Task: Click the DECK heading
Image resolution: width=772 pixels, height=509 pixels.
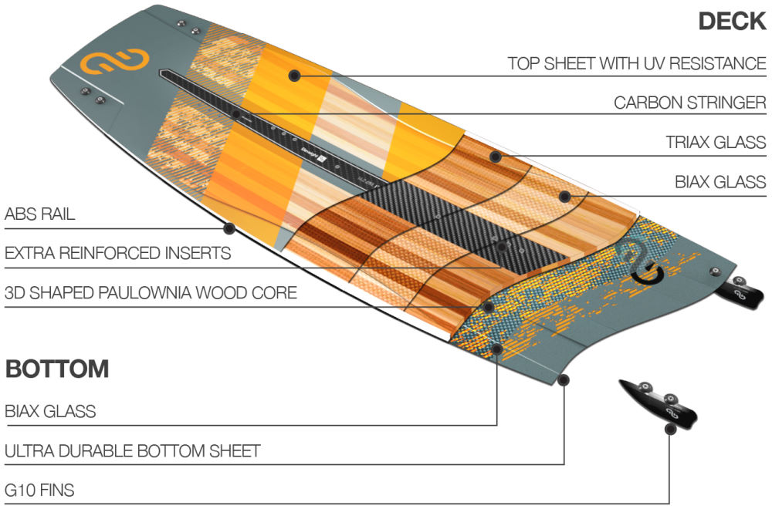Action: pyautogui.click(x=731, y=21)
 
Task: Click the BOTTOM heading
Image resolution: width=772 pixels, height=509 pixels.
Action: pyautogui.click(x=57, y=369)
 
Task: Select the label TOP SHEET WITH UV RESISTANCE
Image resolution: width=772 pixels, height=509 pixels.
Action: pyautogui.click(x=636, y=63)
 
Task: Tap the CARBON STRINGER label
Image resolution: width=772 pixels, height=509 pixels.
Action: pyautogui.click(x=689, y=103)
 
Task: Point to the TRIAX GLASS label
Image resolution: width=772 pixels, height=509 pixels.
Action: pyautogui.click(x=716, y=143)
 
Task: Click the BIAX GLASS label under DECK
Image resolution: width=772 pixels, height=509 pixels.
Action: pyautogui.click(x=720, y=183)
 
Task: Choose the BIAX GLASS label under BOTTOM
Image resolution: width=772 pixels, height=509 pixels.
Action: pyautogui.click(x=50, y=411)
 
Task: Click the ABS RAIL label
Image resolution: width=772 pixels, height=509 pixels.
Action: pyautogui.click(x=40, y=214)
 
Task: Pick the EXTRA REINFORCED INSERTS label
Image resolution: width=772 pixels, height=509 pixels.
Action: pyautogui.click(x=117, y=253)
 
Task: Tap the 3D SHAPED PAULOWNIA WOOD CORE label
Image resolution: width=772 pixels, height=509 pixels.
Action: pyautogui.click(x=151, y=293)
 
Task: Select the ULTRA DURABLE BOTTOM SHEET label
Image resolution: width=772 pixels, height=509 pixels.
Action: pyautogui.click(x=132, y=450)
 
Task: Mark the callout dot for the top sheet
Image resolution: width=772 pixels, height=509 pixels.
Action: pyautogui.click(x=293, y=75)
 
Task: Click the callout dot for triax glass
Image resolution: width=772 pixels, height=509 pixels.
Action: pyautogui.click(x=495, y=157)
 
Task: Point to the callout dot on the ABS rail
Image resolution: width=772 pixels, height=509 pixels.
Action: pyautogui.click(x=229, y=228)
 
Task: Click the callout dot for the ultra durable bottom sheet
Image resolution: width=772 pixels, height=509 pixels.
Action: pyautogui.click(x=564, y=379)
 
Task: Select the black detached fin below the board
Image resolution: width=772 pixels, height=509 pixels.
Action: pyautogui.click(x=660, y=401)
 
